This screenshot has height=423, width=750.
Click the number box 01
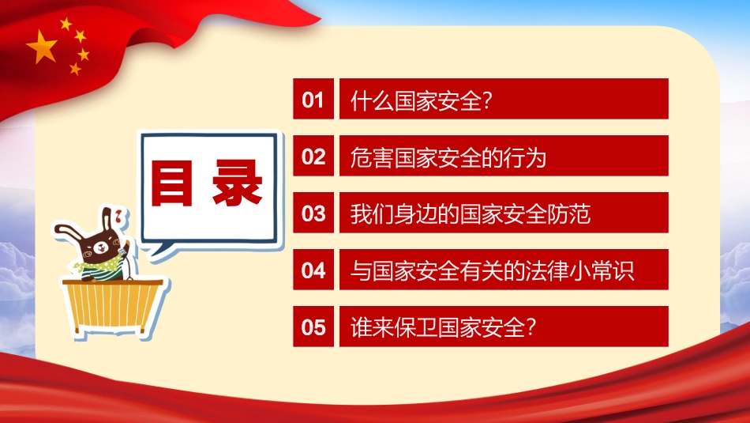click(x=313, y=99)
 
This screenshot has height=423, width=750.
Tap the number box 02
click(x=313, y=157)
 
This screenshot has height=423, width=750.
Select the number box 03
click(x=313, y=213)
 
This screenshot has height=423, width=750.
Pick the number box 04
click(x=313, y=270)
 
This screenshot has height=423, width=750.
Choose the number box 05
click(x=313, y=327)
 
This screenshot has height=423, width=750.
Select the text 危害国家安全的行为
click(x=448, y=157)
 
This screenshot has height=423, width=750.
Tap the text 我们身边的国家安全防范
click(x=471, y=214)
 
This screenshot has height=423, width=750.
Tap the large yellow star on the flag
click(x=42, y=48)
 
